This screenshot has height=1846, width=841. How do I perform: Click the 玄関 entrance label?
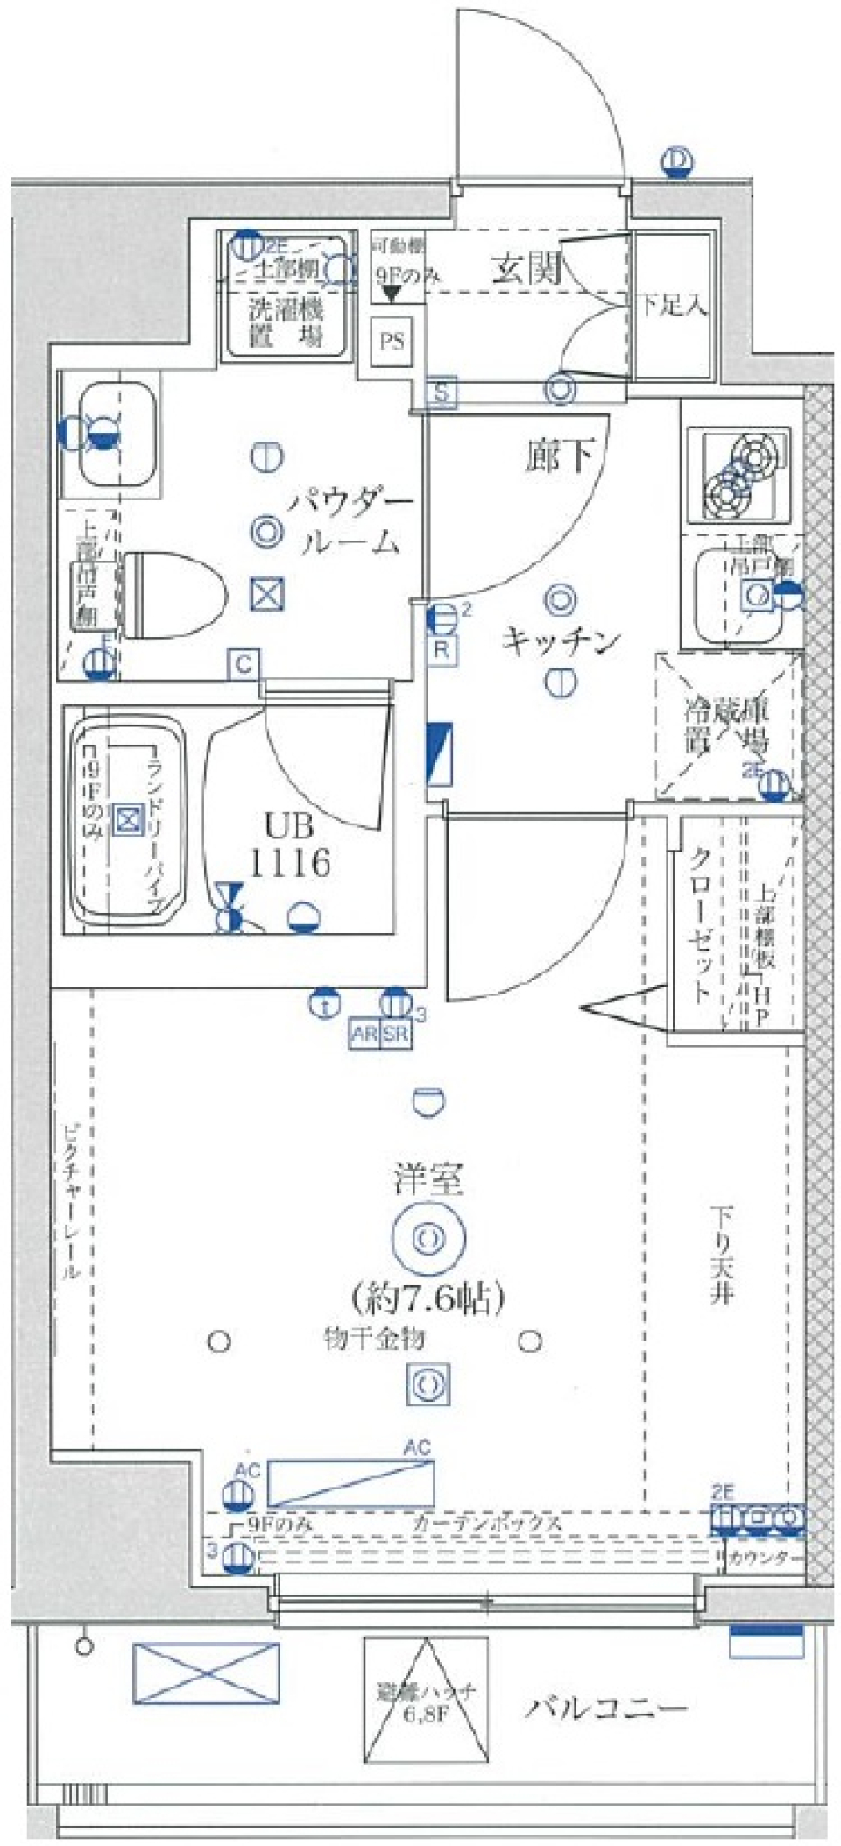coord(526,268)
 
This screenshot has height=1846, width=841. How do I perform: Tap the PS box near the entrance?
coord(392,341)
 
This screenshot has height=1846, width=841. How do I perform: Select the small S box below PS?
coord(442,393)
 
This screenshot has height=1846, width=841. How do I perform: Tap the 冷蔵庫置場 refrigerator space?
coord(728,726)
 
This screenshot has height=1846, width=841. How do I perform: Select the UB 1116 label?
coord(290,847)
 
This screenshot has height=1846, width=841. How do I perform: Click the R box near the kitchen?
coord(442,650)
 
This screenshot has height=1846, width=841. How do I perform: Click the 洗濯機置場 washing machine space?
coord(286,322)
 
